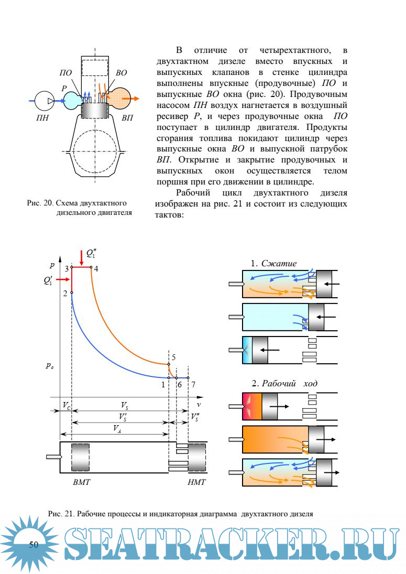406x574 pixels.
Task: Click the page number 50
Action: pos(34,545)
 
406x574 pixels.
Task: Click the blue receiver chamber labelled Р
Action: pos(72,100)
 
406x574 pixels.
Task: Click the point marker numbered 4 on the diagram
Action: pos(91,267)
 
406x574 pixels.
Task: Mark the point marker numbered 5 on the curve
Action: pos(169,364)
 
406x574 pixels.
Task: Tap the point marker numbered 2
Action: pos(72,293)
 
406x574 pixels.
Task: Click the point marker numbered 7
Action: pos(188,377)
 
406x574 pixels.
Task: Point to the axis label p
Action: pos(51,264)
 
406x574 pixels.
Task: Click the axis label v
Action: pos(199,404)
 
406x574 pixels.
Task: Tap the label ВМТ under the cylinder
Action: pos(82,481)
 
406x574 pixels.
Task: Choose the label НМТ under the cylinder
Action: pos(196,481)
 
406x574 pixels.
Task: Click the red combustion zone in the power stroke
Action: pos(252,406)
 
